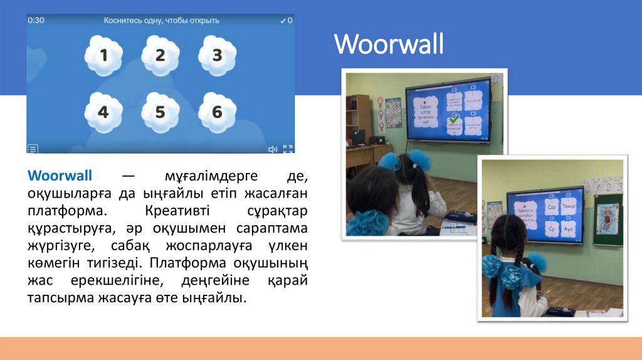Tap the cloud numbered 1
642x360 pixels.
pos(103,56)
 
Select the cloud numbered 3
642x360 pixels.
pos(217,56)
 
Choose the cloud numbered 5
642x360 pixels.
pos(160,113)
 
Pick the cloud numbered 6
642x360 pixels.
pos(217,113)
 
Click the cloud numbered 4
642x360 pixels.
pos(103,113)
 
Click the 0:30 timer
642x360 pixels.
pos(36,20)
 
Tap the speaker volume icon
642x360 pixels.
pos(273,149)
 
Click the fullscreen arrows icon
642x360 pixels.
pos(288,149)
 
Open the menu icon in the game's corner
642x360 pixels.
pos(33,149)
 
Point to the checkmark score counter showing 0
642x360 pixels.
pos(287,20)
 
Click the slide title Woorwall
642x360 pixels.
pos(389,44)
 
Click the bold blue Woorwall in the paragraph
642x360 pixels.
pos(60,174)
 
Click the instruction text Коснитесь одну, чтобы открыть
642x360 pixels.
pos(161,20)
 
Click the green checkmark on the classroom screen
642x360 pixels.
pos(455,119)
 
